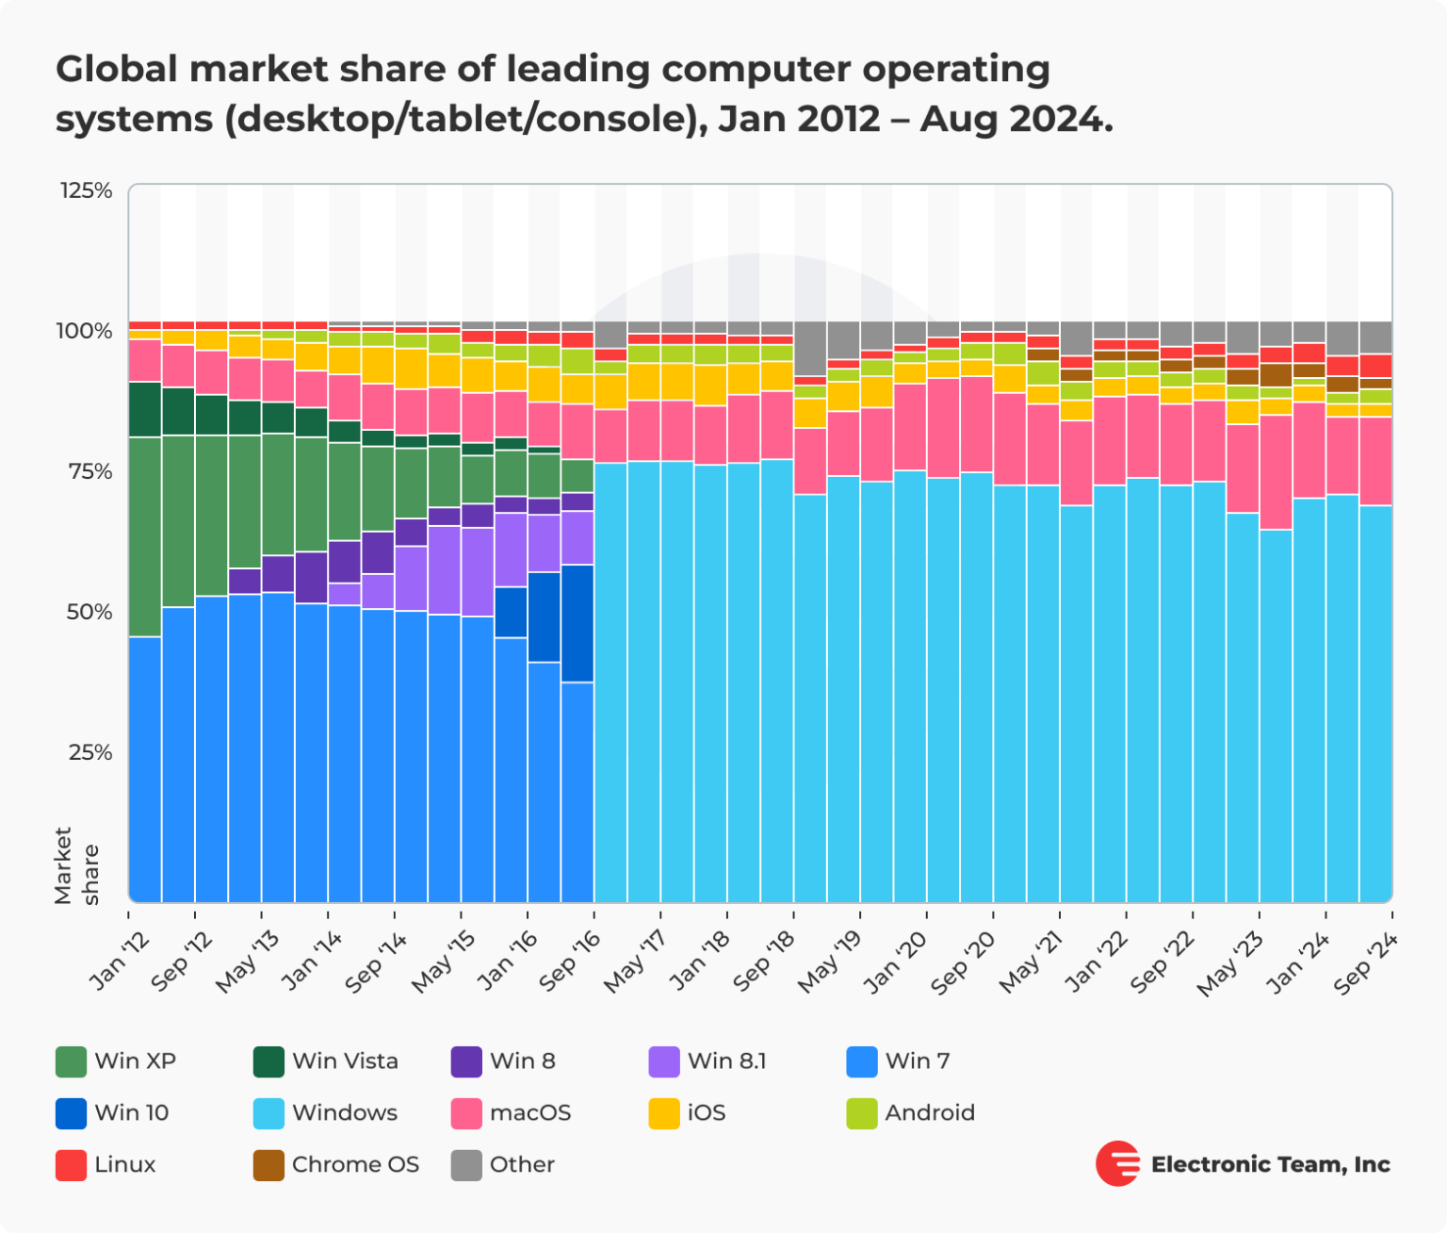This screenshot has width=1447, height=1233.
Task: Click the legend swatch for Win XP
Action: (x=72, y=1061)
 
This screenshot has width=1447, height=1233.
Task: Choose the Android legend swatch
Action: (x=862, y=1113)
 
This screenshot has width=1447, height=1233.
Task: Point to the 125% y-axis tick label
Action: (x=87, y=191)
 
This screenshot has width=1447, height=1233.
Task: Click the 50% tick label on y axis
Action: (x=89, y=613)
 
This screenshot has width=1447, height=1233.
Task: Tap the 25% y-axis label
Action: (x=89, y=753)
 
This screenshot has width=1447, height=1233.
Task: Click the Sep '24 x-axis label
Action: (x=1365, y=963)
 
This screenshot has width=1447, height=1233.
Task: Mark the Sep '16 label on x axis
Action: (x=570, y=963)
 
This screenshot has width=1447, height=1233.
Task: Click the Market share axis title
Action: (x=76, y=865)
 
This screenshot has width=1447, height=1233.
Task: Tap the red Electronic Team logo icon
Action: (x=1117, y=1164)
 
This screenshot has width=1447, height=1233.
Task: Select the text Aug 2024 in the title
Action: (x=1016, y=120)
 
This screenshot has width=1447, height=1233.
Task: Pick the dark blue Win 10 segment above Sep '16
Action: (x=577, y=623)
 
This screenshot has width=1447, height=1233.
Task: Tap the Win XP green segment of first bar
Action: (x=145, y=536)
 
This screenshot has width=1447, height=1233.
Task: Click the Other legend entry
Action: (x=521, y=1165)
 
